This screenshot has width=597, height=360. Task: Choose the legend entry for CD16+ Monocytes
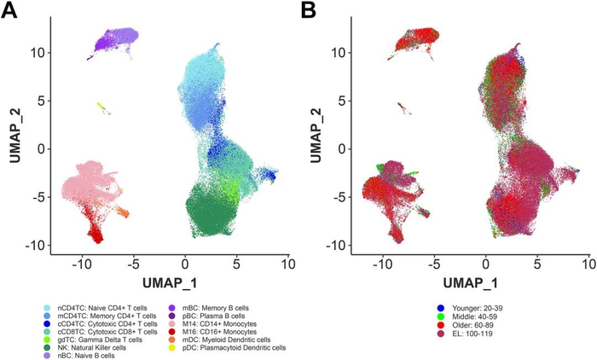pyautogui.click(x=212, y=329)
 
